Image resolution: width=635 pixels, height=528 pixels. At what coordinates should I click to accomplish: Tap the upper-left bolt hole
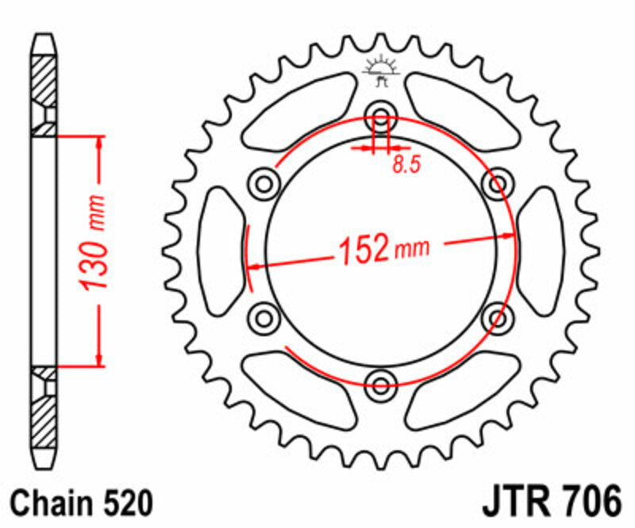tap(264, 183)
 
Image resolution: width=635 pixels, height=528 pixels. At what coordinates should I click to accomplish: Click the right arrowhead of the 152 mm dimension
tap(509, 235)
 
